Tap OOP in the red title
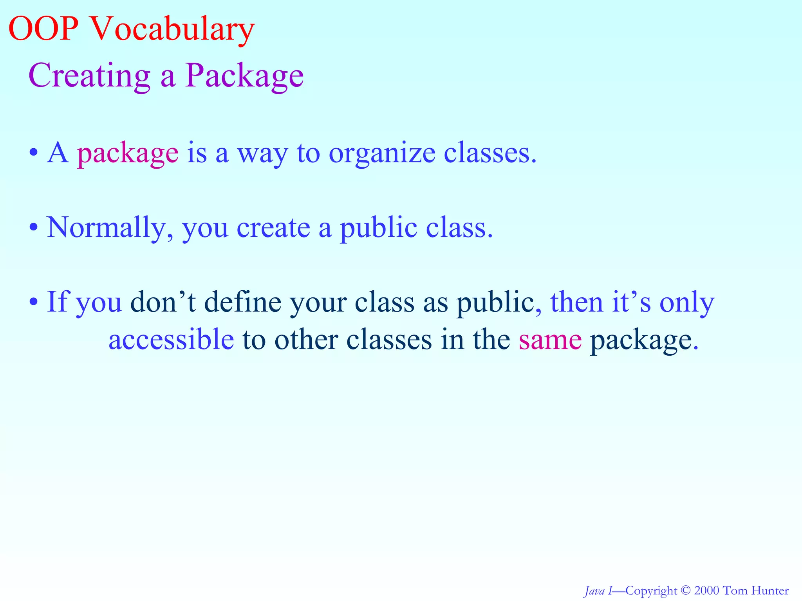tap(43, 29)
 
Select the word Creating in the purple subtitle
tap(89, 75)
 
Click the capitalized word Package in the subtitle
tap(244, 75)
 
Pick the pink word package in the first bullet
tap(128, 153)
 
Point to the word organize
tap(382, 153)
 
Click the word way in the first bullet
tap(262, 153)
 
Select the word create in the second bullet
tap(273, 228)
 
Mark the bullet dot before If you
tap(34, 302)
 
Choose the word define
tap(243, 302)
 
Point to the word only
tap(687, 302)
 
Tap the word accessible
tap(171, 340)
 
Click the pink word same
tap(550, 340)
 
